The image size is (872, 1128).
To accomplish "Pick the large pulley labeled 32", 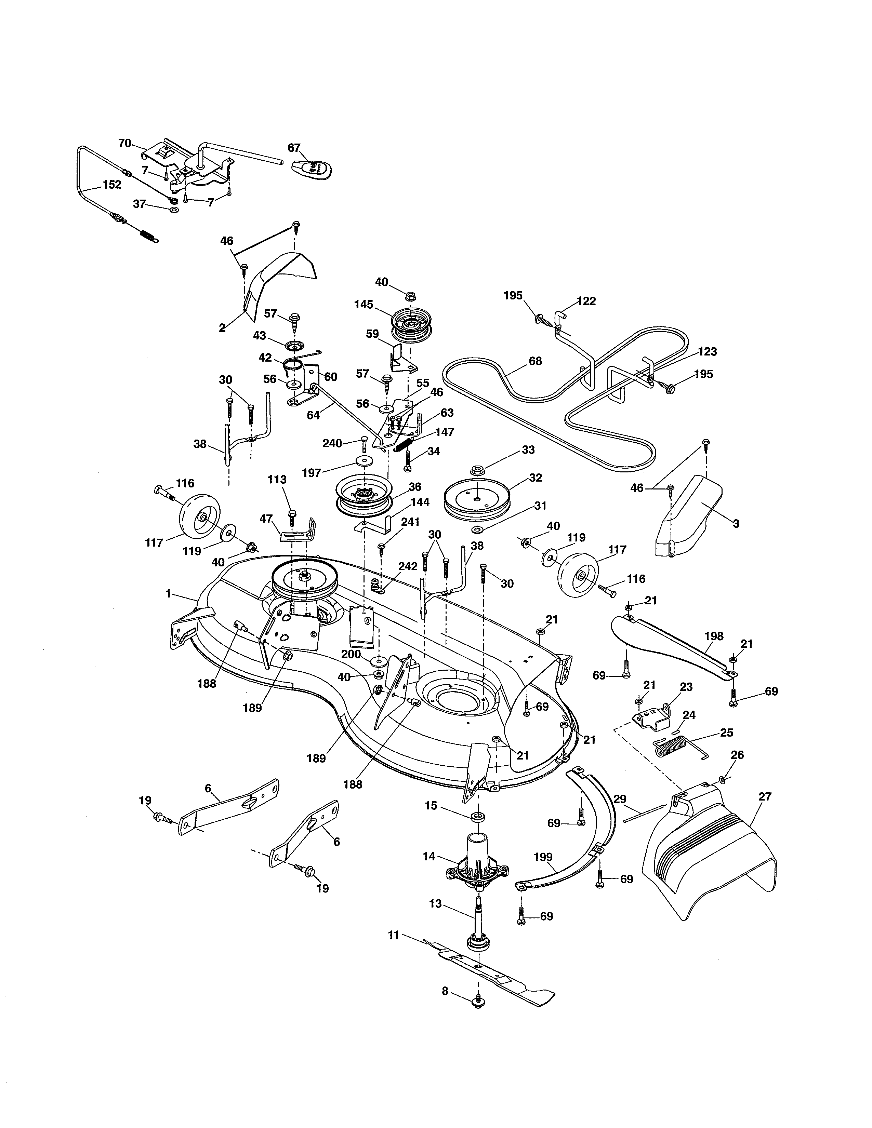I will (x=477, y=497).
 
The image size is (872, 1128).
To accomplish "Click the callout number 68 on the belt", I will (x=535, y=361).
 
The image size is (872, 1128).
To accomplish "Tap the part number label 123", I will (x=707, y=352).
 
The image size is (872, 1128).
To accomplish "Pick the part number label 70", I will (x=124, y=143).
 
